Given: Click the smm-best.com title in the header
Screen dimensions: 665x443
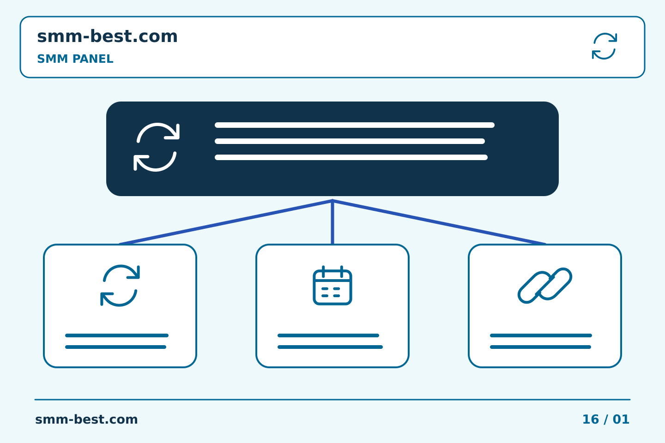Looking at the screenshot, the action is pyautogui.click(x=107, y=36).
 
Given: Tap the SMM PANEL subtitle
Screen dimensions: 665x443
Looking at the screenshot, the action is pyautogui.click(x=75, y=59).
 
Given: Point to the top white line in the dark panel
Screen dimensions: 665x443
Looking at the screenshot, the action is pyautogui.click(x=355, y=125).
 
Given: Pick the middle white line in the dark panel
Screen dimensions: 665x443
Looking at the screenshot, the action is pyautogui.click(x=350, y=141).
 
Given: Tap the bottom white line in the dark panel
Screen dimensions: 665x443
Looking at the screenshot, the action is pyautogui.click(x=351, y=157).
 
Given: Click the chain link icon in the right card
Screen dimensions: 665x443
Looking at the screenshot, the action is pyautogui.click(x=545, y=286).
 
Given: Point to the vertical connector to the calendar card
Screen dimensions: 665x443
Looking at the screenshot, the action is pyautogui.click(x=332, y=222).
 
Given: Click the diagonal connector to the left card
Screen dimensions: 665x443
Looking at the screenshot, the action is pyautogui.click(x=226, y=222).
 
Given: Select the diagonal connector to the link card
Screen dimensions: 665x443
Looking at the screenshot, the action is pyautogui.click(x=439, y=222).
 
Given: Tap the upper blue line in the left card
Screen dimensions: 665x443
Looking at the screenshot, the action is pyautogui.click(x=117, y=335).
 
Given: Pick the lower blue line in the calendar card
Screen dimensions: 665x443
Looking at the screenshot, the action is pyautogui.click(x=330, y=347).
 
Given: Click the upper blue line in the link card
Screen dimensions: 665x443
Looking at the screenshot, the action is pyautogui.click(x=541, y=335).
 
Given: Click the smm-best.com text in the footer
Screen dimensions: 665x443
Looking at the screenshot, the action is pyautogui.click(x=86, y=419).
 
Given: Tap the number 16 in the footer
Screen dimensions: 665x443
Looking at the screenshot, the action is pyautogui.click(x=591, y=419).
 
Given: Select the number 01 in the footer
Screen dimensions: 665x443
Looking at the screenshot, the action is pyautogui.click(x=621, y=419).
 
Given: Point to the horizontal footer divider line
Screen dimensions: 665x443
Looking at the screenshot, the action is pyautogui.click(x=332, y=400).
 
